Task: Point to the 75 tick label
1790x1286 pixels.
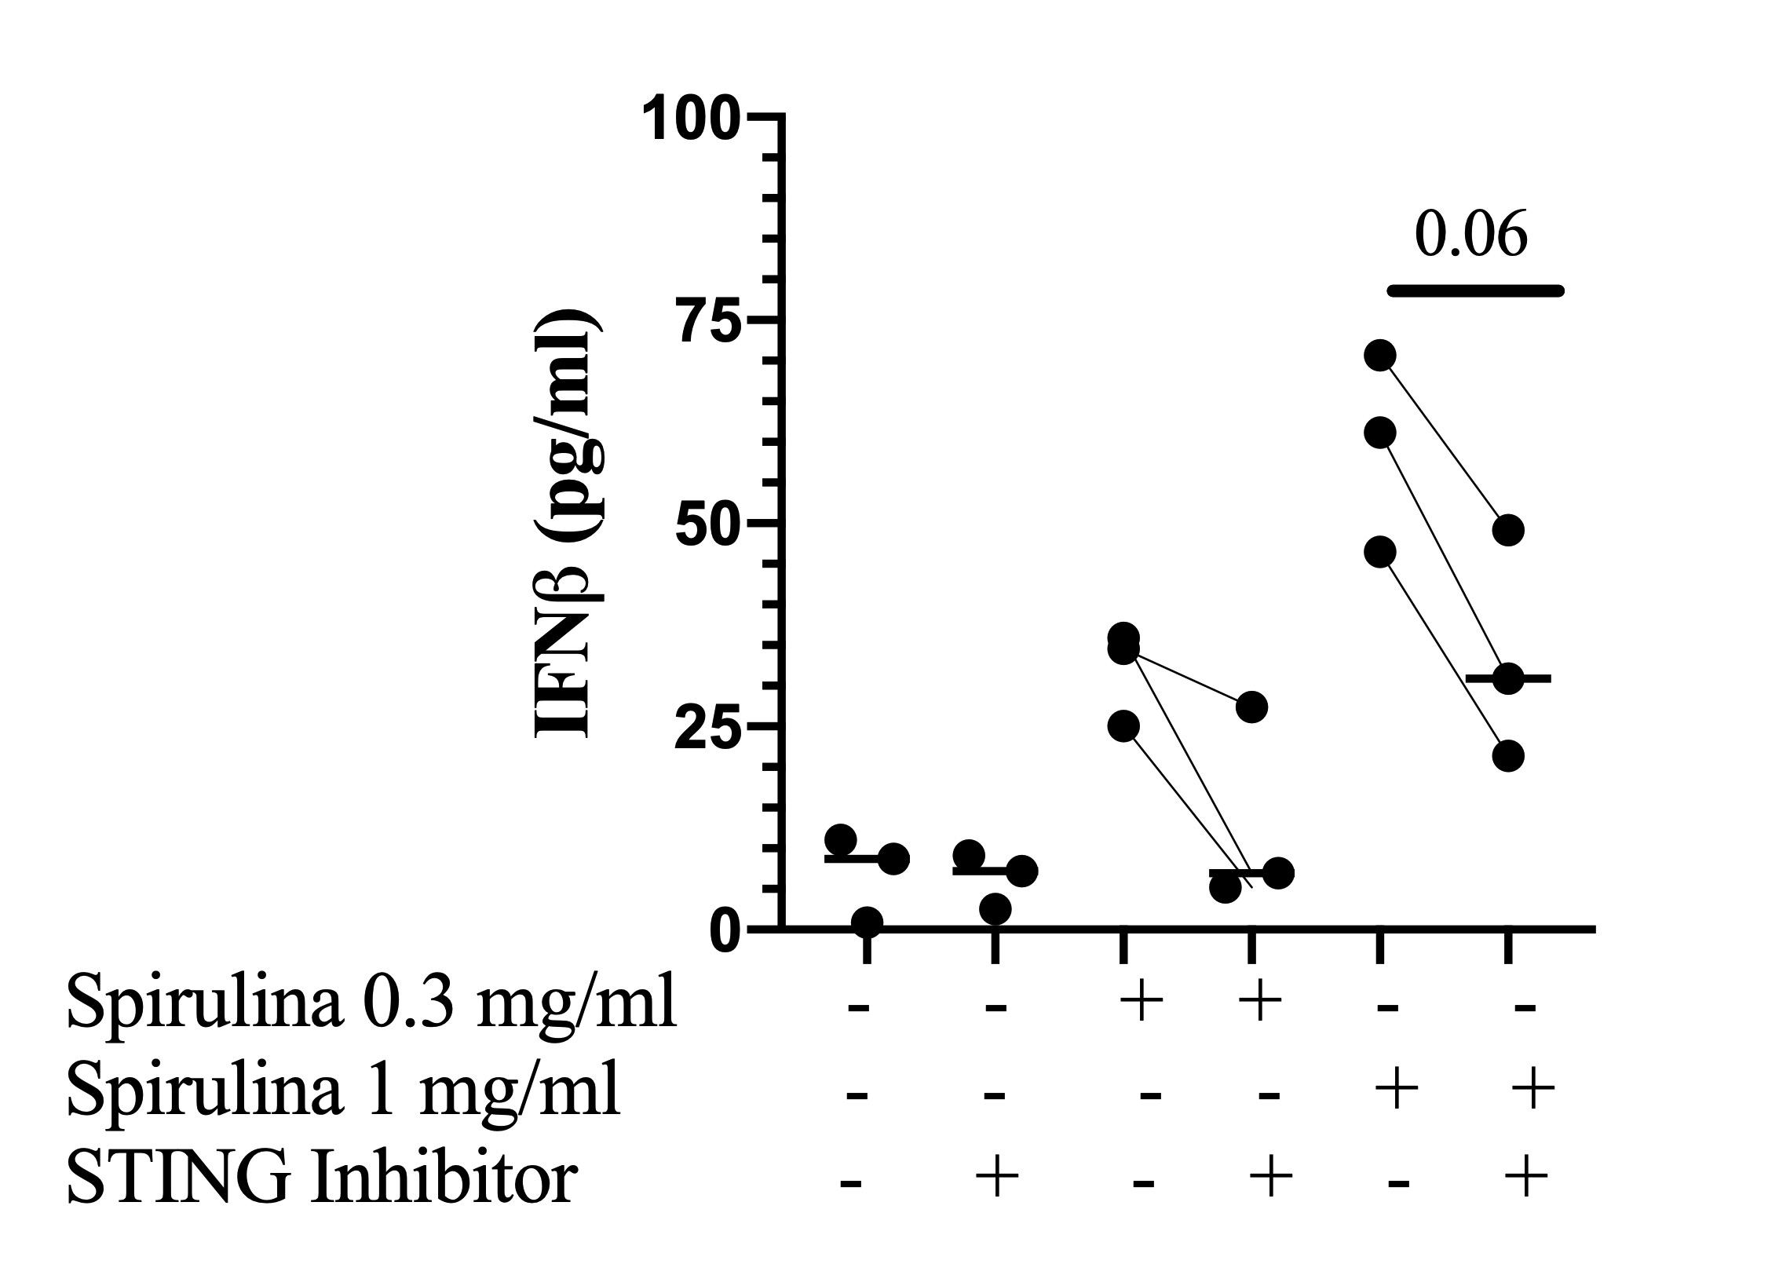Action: tap(711, 323)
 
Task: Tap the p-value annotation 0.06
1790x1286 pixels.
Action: tap(1470, 236)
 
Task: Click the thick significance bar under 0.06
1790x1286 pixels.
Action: tap(1475, 291)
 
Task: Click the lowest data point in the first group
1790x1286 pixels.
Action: tap(867, 922)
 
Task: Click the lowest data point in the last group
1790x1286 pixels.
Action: tap(1508, 756)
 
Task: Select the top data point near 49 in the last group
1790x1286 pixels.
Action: tap(1508, 531)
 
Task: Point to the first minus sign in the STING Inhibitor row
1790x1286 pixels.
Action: tap(850, 1182)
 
